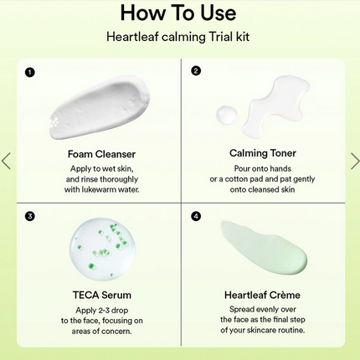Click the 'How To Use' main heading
177,13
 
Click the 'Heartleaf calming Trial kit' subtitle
177,37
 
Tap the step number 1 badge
30,71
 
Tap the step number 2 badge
196,71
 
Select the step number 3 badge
30,216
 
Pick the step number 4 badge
196,216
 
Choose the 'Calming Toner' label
262,153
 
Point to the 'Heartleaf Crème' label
262,295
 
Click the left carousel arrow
7,160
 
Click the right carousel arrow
353,160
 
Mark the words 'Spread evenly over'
261,309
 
